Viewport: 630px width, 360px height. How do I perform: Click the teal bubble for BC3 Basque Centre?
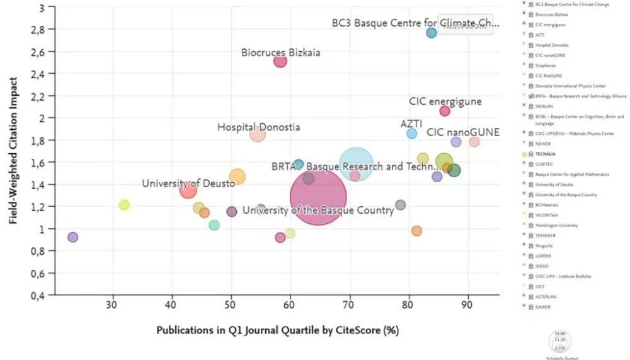(432, 33)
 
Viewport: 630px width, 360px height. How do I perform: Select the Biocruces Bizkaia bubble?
(280, 61)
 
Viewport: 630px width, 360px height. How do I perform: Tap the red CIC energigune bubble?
(445, 111)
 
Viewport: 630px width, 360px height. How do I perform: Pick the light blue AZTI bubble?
(412, 134)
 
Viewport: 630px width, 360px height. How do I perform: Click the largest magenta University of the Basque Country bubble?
(318, 197)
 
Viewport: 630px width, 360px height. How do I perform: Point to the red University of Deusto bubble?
(188, 189)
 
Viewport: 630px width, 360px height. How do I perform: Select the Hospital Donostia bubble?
(258, 134)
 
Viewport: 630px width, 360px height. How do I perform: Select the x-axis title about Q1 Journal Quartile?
(277, 330)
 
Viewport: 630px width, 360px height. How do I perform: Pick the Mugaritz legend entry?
(546, 245)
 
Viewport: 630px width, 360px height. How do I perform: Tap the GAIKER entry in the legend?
(544, 306)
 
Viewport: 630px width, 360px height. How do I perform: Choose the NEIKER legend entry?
(544, 144)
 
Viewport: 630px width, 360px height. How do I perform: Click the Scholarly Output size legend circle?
(560, 341)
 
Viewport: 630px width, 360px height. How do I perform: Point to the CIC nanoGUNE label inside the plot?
(463, 132)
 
